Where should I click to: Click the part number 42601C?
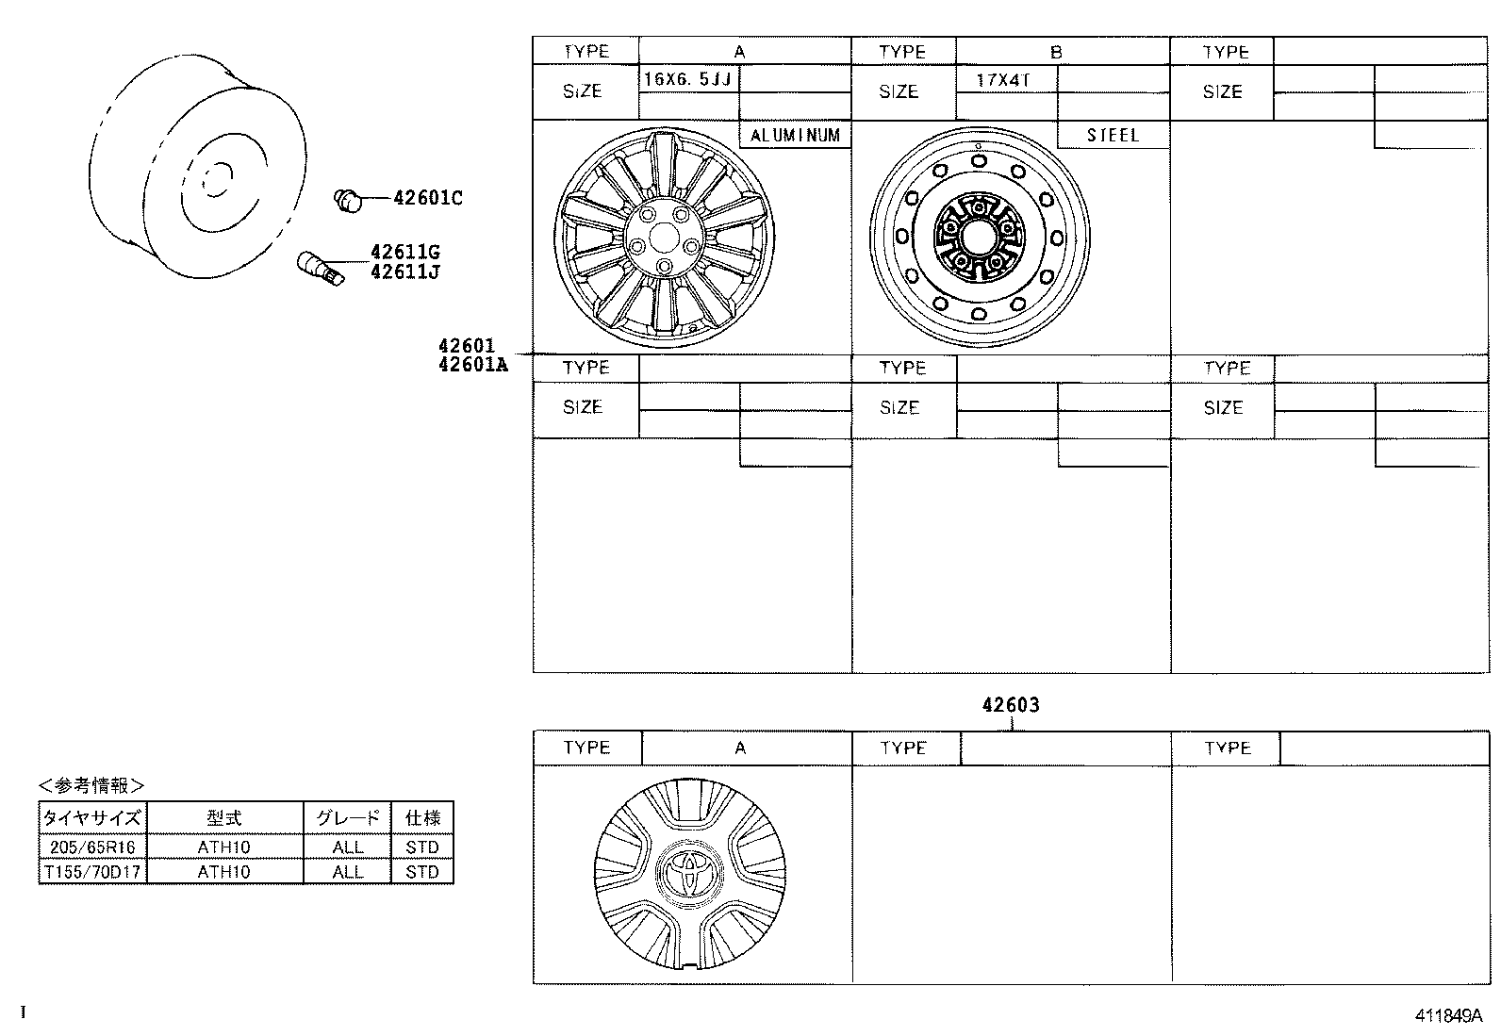pyautogui.click(x=427, y=198)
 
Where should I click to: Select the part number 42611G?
pyautogui.click(x=404, y=253)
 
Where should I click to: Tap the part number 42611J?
pyautogui.click(x=404, y=271)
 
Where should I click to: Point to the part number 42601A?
pyautogui.click(x=472, y=365)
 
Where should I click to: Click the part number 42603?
pyautogui.click(x=1010, y=705)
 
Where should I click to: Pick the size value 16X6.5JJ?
pyautogui.click(x=687, y=79)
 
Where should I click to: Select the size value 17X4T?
pyautogui.click(x=1003, y=79)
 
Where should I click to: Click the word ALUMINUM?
pyautogui.click(x=795, y=136)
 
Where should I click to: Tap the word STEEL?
pyautogui.click(x=1113, y=136)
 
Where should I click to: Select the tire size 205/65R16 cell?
pyautogui.click(x=92, y=847)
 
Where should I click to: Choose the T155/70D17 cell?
pyautogui.click(x=92, y=872)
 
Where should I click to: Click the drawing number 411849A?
pyautogui.click(x=1448, y=1016)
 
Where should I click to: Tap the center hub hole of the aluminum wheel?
pyautogui.click(x=664, y=236)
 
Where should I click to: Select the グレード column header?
pyautogui.click(x=347, y=818)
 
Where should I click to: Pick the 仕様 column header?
pyautogui.click(x=422, y=818)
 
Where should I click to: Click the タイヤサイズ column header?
pyautogui.click(x=92, y=818)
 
